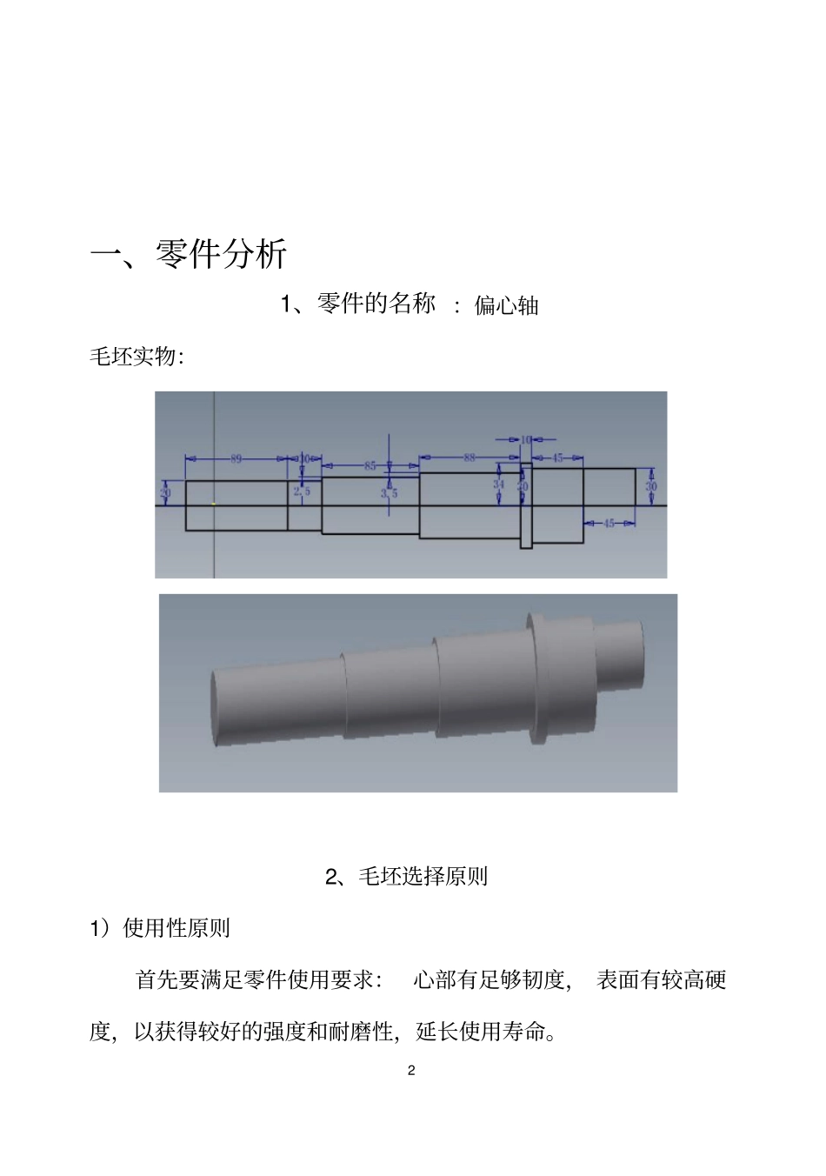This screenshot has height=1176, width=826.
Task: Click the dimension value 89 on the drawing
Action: pyautogui.click(x=236, y=458)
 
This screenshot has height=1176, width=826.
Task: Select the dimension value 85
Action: pyautogui.click(x=370, y=465)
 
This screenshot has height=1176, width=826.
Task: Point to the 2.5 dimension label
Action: pyautogui.click(x=302, y=491)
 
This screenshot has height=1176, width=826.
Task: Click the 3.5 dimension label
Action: pyautogui.click(x=389, y=493)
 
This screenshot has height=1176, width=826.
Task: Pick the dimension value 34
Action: pyautogui.click(x=499, y=484)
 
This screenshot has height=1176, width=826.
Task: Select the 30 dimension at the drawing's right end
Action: pyautogui.click(x=650, y=487)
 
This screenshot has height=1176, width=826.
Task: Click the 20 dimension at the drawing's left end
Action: pyautogui.click(x=165, y=492)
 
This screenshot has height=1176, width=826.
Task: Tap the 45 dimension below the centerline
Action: pyautogui.click(x=609, y=523)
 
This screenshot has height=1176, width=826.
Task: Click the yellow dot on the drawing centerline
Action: pyautogui.click(x=214, y=504)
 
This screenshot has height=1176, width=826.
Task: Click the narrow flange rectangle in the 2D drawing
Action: pyautogui.click(x=526, y=505)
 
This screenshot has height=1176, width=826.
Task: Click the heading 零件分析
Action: pyautogui.click(x=221, y=254)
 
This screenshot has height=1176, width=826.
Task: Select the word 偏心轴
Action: pyautogui.click(x=507, y=305)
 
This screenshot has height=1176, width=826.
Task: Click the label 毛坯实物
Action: pyautogui.click(x=134, y=357)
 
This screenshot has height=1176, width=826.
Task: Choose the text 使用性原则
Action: pyautogui.click(x=177, y=928)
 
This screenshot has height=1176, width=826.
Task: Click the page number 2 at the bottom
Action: pyautogui.click(x=411, y=1071)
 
